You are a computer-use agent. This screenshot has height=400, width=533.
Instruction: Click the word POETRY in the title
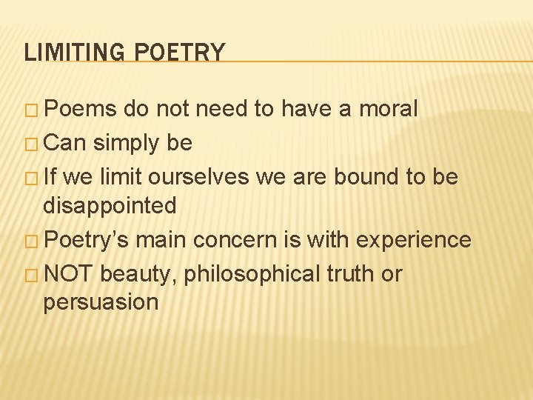[181, 53]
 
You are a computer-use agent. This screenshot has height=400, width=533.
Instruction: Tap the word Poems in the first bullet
[81, 109]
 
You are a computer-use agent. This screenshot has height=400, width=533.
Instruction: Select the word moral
[389, 109]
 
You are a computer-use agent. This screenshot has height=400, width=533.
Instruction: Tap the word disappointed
[110, 204]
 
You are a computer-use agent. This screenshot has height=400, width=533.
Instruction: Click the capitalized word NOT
[69, 274]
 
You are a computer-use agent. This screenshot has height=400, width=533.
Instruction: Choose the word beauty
[140, 275]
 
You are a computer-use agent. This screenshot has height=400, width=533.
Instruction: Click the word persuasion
[101, 302]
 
